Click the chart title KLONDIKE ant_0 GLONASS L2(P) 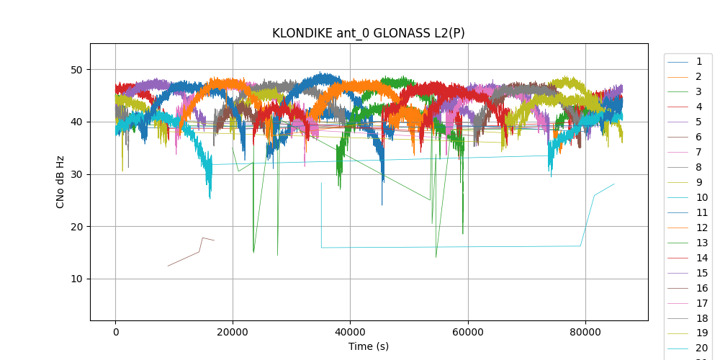[368, 33]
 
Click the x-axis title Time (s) [368, 346]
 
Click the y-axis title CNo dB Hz [60, 181]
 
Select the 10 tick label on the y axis [76, 279]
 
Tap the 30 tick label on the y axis [76, 174]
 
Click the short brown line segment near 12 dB [184, 259]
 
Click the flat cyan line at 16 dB [446, 247]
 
